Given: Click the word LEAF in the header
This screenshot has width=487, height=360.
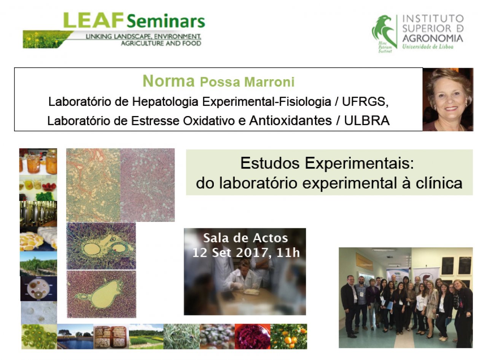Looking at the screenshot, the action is (x=94, y=20).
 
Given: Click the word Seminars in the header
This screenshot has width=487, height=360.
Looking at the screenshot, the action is (x=166, y=21).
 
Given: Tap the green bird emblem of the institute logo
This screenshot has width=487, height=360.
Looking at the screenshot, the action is (x=385, y=32).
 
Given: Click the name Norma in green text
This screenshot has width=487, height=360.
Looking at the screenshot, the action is (x=169, y=81).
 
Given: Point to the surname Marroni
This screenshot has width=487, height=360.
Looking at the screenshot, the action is (x=269, y=82).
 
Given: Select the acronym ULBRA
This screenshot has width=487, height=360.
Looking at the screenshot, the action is (x=367, y=121).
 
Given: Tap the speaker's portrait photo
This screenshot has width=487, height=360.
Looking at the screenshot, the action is (x=448, y=99).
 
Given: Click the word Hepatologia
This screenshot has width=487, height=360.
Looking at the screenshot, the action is (x=165, y=102).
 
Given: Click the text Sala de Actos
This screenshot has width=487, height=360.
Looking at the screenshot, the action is (x=245, y=238).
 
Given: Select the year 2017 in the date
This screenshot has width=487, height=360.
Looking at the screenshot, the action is (x=252, y=252).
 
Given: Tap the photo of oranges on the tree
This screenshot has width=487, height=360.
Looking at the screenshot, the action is (x=288, y=336).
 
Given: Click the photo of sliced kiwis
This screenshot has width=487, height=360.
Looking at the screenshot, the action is (x=39, y=336).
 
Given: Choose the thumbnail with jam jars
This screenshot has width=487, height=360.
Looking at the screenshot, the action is (x=38, y=161).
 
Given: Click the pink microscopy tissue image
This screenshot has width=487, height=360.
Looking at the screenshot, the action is (x=147, y=185).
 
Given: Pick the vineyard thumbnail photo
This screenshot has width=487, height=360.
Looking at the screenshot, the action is (x=38, y=264).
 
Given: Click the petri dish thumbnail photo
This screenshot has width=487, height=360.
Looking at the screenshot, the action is (x=39, y=288).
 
